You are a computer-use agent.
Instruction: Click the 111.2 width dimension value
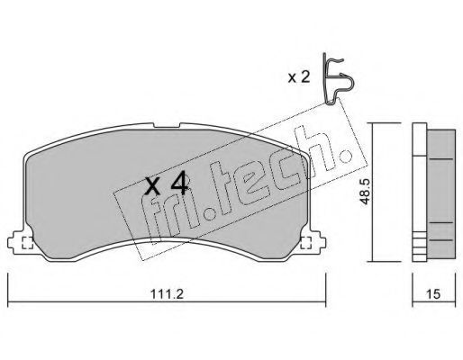(x=167, y=293)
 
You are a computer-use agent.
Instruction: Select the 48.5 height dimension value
(x=365, y=192)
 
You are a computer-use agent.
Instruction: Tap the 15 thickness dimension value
(x=433, y=294)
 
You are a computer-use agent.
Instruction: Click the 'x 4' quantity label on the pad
(x=167, y=185)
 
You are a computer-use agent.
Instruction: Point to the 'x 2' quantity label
(x=299, y=77)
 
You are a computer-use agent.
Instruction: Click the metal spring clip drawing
(x=337, y=79)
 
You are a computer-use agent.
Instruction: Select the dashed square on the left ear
(x=27, y=243)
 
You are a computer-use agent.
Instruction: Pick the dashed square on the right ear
(x=306, y=242)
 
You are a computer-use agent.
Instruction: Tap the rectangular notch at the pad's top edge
(x=167, y=125)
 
